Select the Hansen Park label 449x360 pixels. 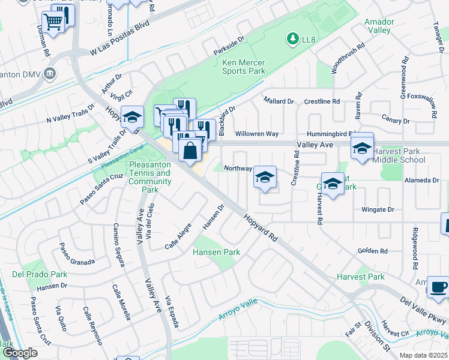click(216, 252)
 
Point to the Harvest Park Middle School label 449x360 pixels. click(399, 156)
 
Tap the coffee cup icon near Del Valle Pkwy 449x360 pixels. click(438, 286)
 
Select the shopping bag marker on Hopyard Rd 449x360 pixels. click(190, 150)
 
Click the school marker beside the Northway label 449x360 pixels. click(264, 177)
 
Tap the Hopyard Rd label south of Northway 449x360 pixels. click(261, 228)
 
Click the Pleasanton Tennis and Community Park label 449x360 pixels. click(150, 177)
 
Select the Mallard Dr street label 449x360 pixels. click(279, 101)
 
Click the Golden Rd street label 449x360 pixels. click(373, 251)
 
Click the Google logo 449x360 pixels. click(20, 352)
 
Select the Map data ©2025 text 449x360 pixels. click(423, 355)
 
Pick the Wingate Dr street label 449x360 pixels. click(378, 209)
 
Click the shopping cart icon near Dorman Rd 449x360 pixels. click(53, 23)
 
